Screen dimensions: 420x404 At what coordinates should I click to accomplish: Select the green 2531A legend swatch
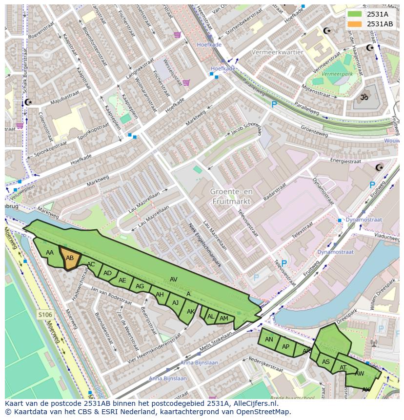(x=355, y=14)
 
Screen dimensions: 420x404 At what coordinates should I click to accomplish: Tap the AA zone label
(x=49, y=252)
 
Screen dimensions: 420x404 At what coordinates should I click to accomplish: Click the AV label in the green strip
(x=173, y=279)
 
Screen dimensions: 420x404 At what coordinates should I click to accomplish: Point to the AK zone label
(x=190, y=312)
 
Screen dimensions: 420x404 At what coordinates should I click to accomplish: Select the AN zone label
(x=269, y=339)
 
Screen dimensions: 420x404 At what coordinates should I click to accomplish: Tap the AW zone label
(x=360, y=374)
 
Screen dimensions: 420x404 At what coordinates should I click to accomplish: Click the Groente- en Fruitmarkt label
(x=231, y=196)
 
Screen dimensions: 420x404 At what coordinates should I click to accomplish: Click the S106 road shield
(x=45, y=315)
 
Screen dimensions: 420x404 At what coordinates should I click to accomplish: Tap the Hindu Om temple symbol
(x=363, y=97)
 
